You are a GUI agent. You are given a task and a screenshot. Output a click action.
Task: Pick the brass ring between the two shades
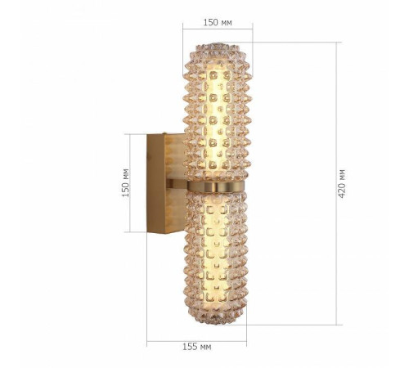217,186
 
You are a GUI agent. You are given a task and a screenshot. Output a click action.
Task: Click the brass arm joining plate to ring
180,186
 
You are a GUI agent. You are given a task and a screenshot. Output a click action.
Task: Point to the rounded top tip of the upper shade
217,42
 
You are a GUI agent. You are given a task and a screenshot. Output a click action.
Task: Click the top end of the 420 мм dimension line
336,40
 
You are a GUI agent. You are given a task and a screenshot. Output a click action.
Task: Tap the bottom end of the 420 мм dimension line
336,325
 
